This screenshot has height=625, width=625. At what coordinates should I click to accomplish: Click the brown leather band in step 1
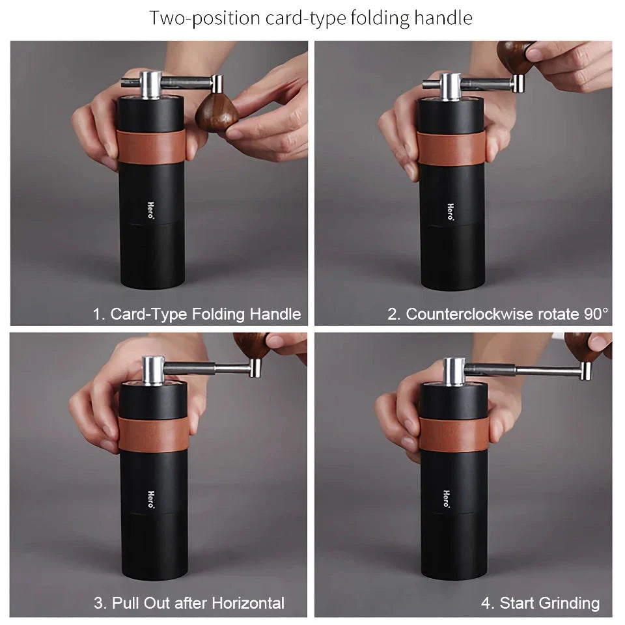(x=152, y=145)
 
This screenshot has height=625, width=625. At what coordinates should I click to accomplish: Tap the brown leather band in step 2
(x=451, y=148)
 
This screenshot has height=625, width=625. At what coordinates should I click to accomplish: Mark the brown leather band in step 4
(x=452, y=434)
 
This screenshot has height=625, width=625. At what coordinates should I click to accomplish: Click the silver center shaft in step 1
(x=150, y=85)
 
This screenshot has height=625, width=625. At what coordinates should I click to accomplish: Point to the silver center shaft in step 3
(x=154, y=370)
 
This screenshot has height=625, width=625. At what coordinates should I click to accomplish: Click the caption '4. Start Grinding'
(x=540, y=603)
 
